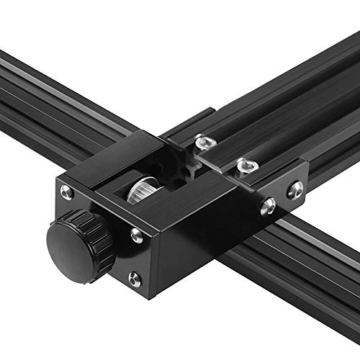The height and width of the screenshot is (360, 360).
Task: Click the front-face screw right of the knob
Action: [135, 233]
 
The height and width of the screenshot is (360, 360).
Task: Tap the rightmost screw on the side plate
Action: [295, 190]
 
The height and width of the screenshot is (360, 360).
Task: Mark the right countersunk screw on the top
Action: [247, 167]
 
